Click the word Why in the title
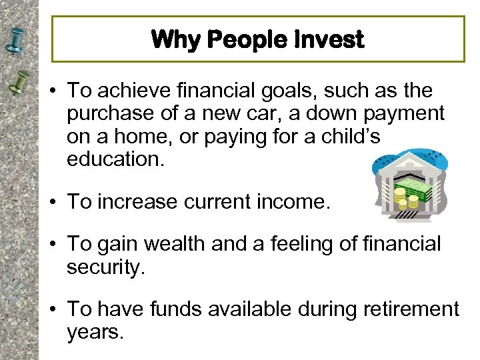[x=175, y=40]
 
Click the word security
[x=105, y=267]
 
